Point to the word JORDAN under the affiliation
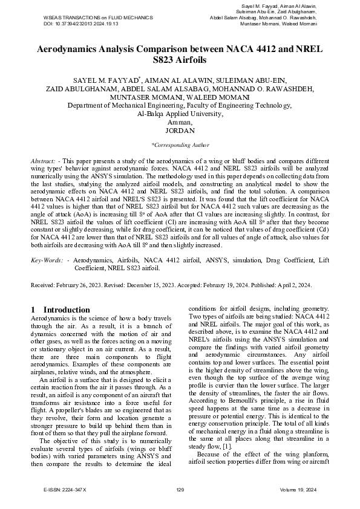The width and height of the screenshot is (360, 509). click(180, 130)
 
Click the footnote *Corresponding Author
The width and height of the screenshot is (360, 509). click(180, 145)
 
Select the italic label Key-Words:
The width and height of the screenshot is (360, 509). click(47, 259)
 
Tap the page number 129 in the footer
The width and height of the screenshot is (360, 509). click(180, 488)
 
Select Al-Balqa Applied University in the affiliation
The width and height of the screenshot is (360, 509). click(180, 113)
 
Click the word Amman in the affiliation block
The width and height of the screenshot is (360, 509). click(180, 122)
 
